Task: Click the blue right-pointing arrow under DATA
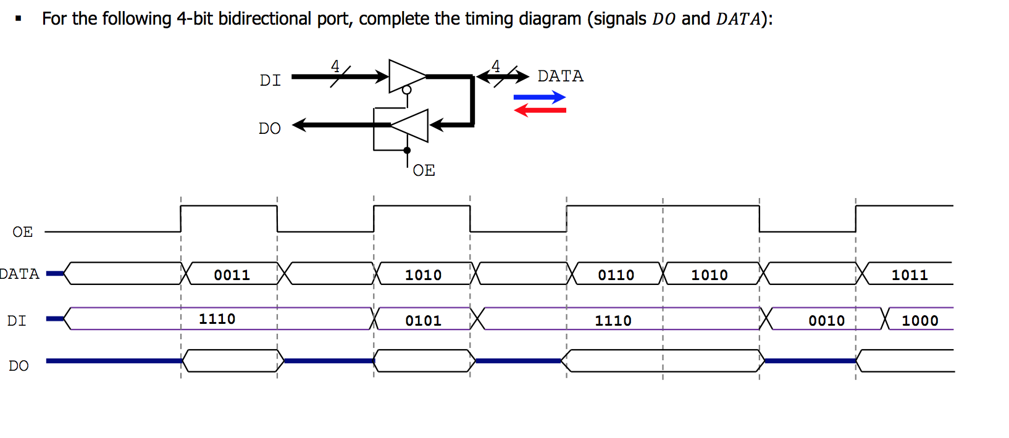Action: (x=539, y=97)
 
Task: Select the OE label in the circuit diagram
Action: (x=424, y=170)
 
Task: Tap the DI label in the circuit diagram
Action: (x=270, y=81)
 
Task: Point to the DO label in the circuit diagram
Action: (x=269, y=128)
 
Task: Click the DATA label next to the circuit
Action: (x=560, y=76)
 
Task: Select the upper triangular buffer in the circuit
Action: (x=406, y=76)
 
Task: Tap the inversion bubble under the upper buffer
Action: (x=406, y=90)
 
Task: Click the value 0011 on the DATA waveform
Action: (x=232, y=275)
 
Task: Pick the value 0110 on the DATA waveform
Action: (x=616, y=275)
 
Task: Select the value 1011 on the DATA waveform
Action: (x=909, y=275)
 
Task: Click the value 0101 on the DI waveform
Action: (x=423, y=321)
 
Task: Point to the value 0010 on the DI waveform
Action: (x=826, y=321)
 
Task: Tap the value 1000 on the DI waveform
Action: (x=919, y=321)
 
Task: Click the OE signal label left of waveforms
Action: (x=22, y=232)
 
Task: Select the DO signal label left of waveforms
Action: (x=19, y=366)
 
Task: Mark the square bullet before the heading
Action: (x=19, y=19)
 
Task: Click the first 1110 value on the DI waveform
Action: (x=217, y=319)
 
